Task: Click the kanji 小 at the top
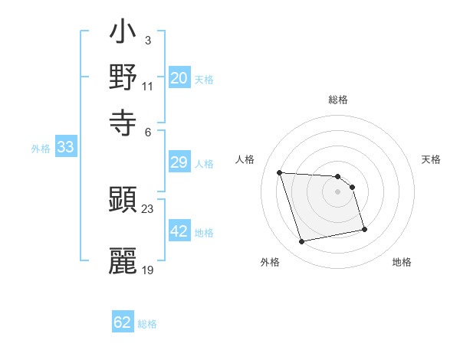point(123,35)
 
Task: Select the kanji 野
point(123,77)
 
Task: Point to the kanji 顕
point(123,201)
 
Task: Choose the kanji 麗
point(123,260)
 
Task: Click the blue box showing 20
point(179,78)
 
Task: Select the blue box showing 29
point(179,162)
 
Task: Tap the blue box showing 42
point(179,231)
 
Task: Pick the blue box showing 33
point(65,147)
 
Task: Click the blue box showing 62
point(123,322)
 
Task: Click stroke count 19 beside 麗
point(148,270)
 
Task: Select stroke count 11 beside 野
point(148,87)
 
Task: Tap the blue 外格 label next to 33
point(41,149)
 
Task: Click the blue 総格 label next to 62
point(147,324)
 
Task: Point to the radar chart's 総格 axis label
point(338,100)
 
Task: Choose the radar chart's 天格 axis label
point(432,159)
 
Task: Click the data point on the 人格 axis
point(280,172)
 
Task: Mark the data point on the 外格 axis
point(302,242)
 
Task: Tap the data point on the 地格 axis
point(364,229)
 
